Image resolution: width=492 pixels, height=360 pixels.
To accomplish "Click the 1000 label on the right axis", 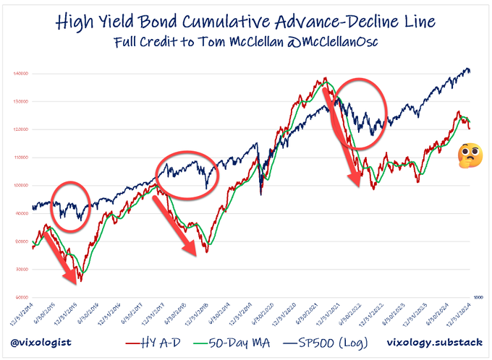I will coord(478,297).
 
